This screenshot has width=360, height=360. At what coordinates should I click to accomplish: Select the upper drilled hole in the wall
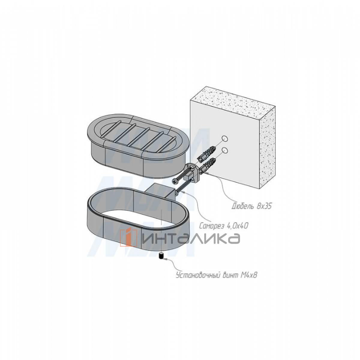click(x=225, y=139)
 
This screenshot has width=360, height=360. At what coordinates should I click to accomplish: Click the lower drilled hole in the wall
click(x=225, y=150)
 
